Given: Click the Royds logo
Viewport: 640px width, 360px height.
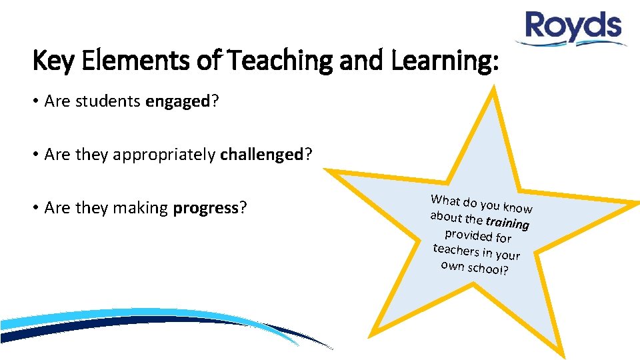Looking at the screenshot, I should click(573, 29).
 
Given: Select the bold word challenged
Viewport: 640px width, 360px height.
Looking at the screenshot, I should click(261, 155).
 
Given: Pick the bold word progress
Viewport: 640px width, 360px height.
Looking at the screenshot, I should click(205, 208).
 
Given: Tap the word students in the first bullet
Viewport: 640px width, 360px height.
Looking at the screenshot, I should click(106, 101).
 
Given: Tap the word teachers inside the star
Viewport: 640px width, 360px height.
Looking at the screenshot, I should click(455, 250).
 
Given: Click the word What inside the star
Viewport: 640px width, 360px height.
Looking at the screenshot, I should click(445, 200).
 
